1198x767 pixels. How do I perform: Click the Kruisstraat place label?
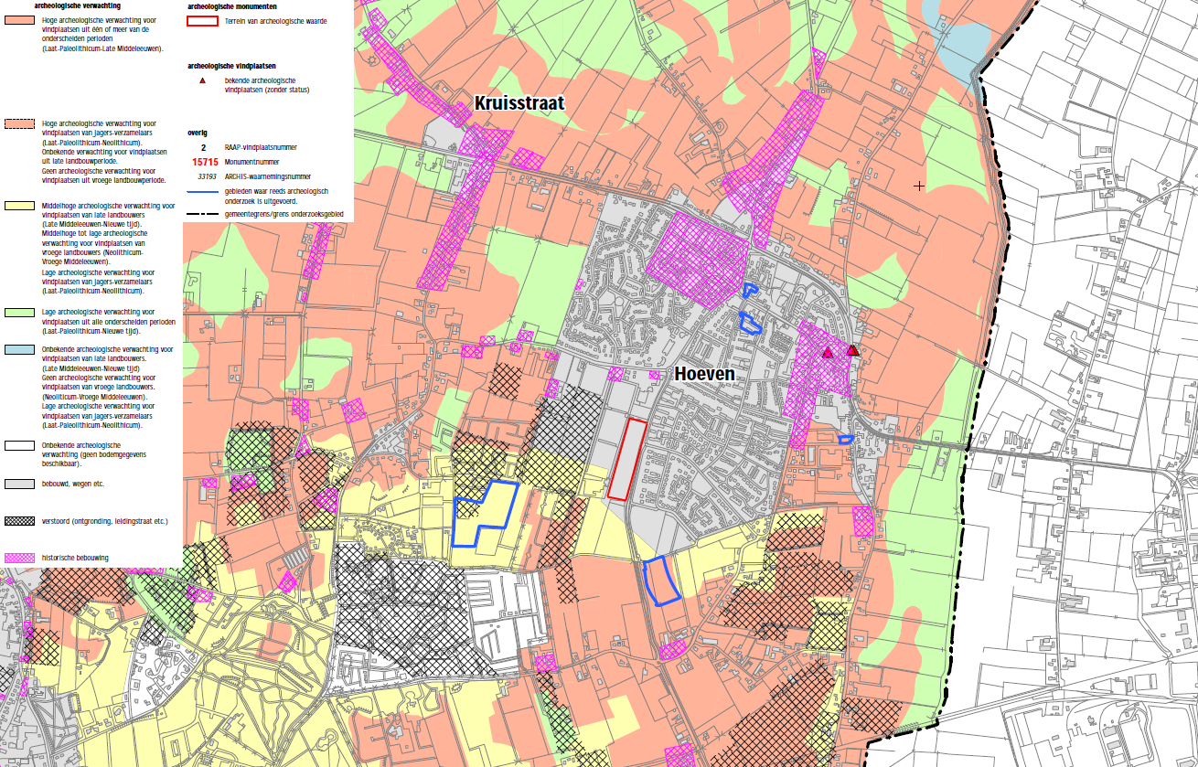519,103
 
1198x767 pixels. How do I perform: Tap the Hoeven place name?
704,374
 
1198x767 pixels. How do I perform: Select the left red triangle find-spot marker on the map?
827,353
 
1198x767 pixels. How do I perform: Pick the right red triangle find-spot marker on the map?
852,350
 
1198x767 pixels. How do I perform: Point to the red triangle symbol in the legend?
203,82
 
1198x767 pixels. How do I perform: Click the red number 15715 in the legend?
203,162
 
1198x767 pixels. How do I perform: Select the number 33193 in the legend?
203,176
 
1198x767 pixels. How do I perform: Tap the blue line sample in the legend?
203,192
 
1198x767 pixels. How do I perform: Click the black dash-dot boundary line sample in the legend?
203,212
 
